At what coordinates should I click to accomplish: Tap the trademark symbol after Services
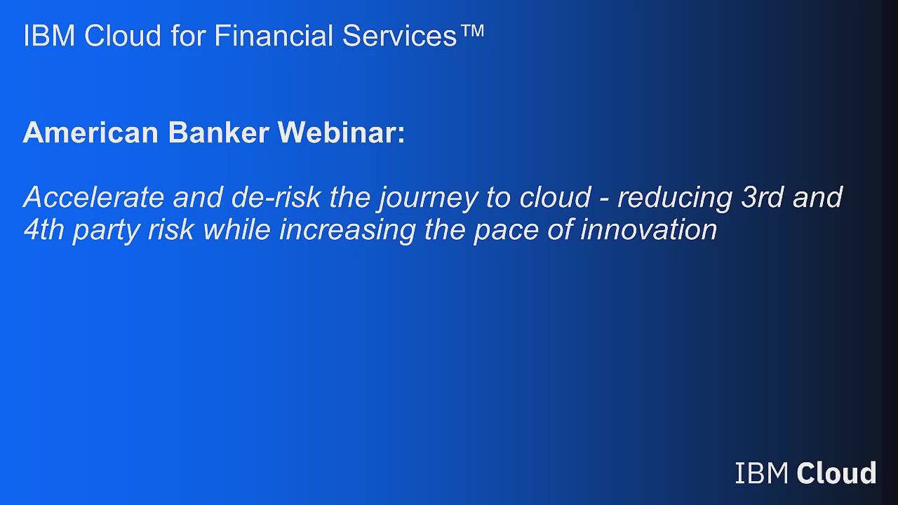pos(472,31)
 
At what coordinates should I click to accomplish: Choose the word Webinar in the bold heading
pos(340,133)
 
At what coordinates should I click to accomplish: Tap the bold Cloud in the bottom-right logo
pos(837,473)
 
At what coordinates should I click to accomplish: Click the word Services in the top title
pos(400,36)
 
